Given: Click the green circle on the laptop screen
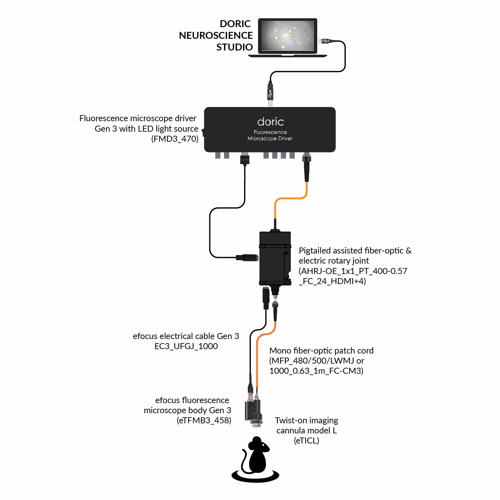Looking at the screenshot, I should [290, 32].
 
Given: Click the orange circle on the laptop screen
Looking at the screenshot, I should [277, 38].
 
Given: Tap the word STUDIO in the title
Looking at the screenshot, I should [234, 47].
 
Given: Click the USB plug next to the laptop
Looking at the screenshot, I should [325, 41].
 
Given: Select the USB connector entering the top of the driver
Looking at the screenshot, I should [270, 93].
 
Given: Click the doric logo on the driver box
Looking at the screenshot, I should [270, 122].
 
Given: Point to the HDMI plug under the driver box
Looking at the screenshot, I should [245, 159].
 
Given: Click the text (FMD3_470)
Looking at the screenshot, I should [175, 139].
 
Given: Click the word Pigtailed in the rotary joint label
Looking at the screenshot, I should [314, 251].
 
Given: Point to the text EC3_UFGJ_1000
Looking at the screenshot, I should [186, 346].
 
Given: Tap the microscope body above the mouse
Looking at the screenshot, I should [253, 410].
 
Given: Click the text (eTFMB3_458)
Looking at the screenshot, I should [204, 420].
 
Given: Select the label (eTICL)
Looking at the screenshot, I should [306, 441].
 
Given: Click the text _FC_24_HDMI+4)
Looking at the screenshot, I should [332, 281].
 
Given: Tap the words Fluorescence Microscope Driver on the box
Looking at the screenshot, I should [270, 135].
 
